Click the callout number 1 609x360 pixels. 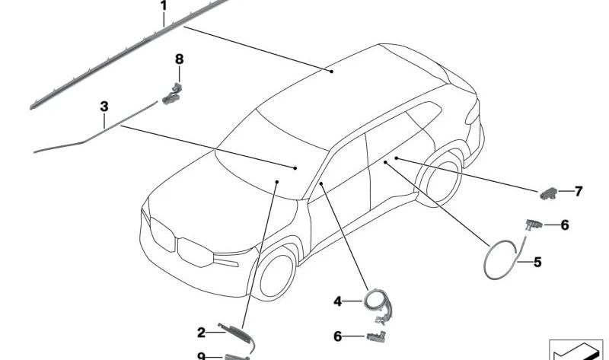[x=164, y=6]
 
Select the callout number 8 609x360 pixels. [x=179, y=59]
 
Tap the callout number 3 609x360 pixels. [x=104, y=107]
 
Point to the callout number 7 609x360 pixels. [x=579, y=191]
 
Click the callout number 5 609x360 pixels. [x=537, y=262]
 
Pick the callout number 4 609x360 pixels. [x=337, y=301]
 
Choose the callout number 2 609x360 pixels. [x=201, y=333]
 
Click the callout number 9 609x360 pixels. [x=201, y=356]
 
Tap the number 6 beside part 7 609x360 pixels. [x=565, y=225]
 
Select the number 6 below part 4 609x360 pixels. [x=337, y=336]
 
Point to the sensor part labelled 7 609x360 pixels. [x=548, y=193]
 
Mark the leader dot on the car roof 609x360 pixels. [x=331, y=72]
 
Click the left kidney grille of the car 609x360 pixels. [x=162, y=234]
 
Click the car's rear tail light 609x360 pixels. [x=472, y=113]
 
